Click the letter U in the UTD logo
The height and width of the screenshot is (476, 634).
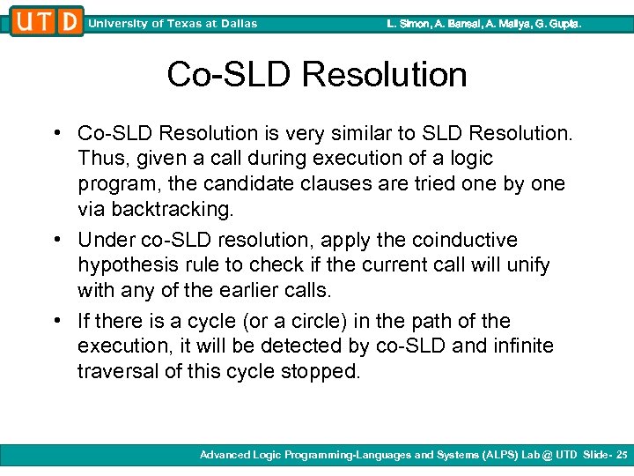tap(24, 21)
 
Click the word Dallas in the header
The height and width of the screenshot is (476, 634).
tap(237, 24)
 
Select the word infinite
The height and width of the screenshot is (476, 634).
tap(522, 346)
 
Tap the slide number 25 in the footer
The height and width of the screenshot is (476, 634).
tap(622, 455)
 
